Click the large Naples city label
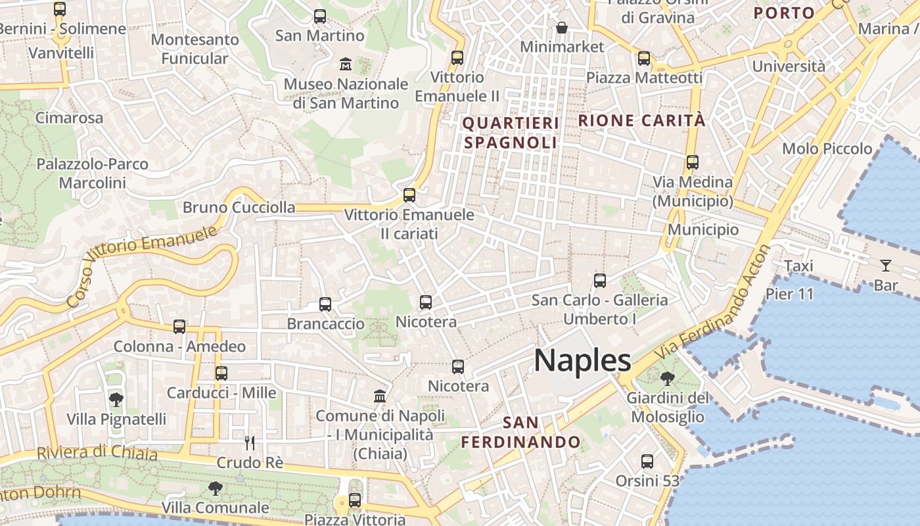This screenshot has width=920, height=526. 582,361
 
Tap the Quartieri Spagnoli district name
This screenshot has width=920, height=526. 511,132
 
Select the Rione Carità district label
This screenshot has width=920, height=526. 642,120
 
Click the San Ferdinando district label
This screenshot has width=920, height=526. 521,432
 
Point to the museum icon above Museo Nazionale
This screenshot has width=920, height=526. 346,64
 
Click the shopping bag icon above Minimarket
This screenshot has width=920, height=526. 562,28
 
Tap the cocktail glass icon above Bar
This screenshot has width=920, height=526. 886,266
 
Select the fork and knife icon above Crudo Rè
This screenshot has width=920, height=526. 250,442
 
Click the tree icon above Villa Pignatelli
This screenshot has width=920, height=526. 116,399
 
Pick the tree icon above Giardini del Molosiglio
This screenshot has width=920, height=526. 668,378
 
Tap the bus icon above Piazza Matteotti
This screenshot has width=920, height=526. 644,59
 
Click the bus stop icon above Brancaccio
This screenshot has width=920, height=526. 325,304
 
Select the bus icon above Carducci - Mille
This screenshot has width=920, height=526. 221,373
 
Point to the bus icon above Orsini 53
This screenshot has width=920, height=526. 647,462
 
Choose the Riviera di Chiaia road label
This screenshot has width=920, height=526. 97,453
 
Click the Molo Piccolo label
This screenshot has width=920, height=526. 827,149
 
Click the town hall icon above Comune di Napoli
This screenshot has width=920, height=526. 380,396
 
